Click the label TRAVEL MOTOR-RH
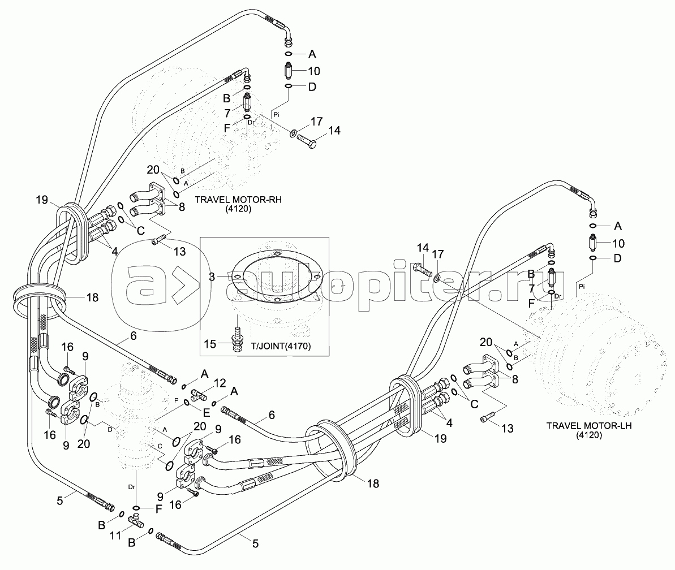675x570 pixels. tap(238, 200)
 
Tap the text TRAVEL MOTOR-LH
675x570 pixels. tap(588, 426)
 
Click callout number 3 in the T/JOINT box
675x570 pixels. tap(211, 277)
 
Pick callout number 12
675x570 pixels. tap(219, 383)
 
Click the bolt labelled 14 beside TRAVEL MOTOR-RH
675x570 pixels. tap(306, 138)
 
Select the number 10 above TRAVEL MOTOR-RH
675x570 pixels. tap(313, 71)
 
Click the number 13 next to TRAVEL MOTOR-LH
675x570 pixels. tap(506, 429)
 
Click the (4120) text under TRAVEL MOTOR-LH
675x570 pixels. tap(588, 436)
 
